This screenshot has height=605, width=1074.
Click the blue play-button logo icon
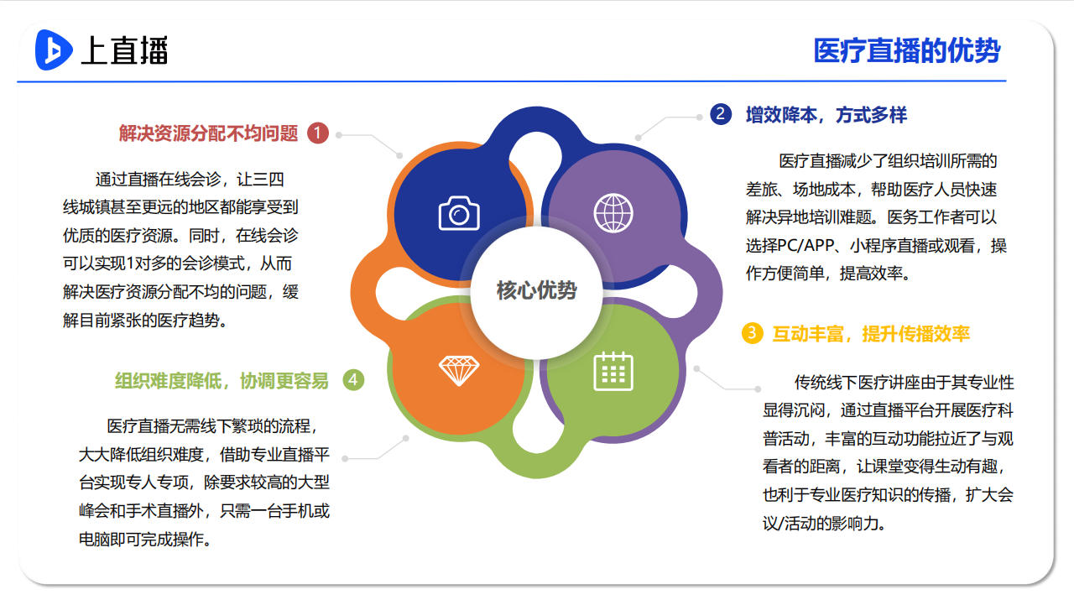pos(54,50)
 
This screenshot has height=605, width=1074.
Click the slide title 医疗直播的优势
pos(907,50)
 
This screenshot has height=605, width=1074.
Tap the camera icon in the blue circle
pos(459,213)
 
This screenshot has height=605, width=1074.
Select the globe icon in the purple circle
pos(613,213)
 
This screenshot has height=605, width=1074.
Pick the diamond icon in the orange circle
pos(459,371)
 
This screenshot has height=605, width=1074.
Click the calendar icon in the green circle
pos(613,372)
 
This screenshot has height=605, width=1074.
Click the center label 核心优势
pos(536,290)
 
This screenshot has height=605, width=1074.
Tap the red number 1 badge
pos(318,133)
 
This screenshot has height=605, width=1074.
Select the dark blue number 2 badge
pos(721,114)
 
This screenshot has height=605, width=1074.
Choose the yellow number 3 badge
pos(753,333)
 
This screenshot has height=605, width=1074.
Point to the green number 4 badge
pos(353,379)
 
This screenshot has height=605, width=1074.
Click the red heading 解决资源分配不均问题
pos(209,133)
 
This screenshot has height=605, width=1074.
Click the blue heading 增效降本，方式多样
pos(826,115)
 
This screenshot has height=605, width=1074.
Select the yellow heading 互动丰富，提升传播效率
pos(871,334)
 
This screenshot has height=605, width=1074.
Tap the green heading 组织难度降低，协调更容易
pos(222,381)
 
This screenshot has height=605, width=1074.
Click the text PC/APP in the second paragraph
pos(805,246)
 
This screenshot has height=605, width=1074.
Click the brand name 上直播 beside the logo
pos(125,50)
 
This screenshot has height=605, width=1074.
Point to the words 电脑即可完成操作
pos(145,540)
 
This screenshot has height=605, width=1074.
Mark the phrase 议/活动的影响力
pos(824,523)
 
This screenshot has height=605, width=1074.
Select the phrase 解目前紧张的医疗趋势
pos(145,321)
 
